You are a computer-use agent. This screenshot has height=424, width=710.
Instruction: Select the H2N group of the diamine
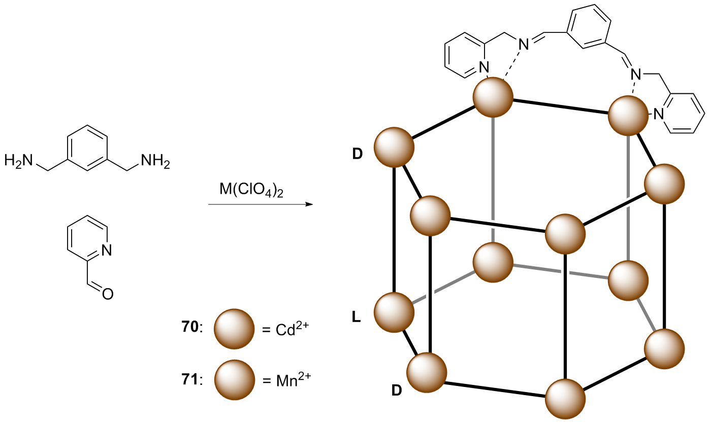point(19,161)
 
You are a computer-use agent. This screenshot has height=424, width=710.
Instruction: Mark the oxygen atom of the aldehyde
point(107,293)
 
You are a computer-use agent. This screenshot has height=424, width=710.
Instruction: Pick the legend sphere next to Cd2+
point(234,329)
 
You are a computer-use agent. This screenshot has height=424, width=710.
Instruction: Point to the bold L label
point(356,319)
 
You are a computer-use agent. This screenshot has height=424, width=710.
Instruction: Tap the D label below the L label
point(397,391)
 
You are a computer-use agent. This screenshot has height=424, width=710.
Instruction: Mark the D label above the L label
point(357,154)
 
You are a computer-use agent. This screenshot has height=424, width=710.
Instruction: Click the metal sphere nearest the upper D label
point(394,147)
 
